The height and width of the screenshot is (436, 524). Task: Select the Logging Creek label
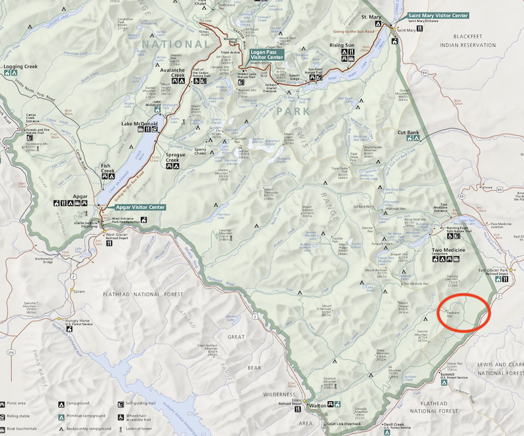pos(20,67)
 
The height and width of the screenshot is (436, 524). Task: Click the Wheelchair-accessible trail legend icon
pos(121,415)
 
